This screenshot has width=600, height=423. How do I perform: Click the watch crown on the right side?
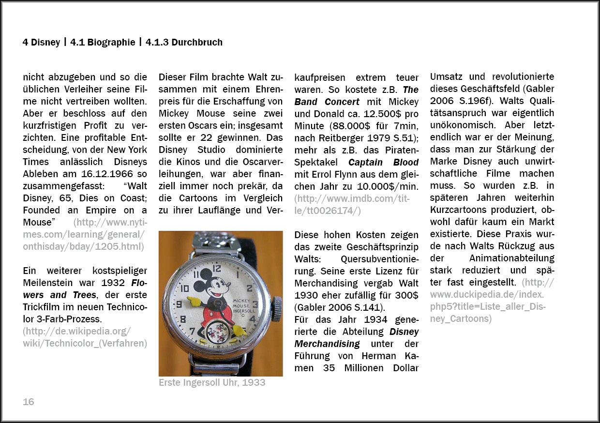[x=277, y=309]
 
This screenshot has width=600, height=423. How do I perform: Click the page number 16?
[x=29, y=402]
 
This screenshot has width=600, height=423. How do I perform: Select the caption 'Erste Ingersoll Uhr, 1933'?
[x=212, y=382]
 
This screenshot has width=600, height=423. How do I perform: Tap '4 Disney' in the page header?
[x=41, y=42]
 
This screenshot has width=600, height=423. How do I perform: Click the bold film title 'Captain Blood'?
[x=383, y=162]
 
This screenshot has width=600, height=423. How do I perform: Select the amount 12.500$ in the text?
[x=383, y=114]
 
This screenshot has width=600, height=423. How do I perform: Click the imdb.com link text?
[x=351, y=198]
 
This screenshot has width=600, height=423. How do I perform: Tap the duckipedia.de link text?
[x=487, y=294]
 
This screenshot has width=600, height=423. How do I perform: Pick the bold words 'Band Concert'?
[x=327, y=102]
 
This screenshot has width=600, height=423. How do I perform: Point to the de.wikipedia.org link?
[x=77, y=331]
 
